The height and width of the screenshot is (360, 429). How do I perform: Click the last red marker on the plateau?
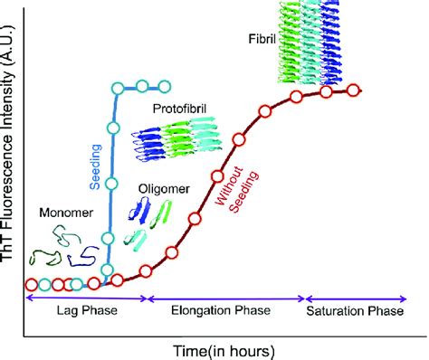pyautogui.click(x=353, y=90)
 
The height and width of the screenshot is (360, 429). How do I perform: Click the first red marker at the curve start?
pyautogui.click(x=31, y=283)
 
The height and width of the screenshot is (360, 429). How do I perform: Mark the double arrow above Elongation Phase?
pyautogui.click(x=225, y=297)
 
